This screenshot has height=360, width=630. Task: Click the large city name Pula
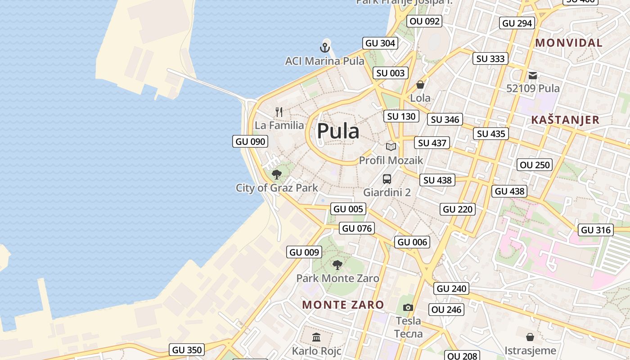(x=338, y=131)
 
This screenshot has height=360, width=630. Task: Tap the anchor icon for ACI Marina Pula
(x=325, y=47)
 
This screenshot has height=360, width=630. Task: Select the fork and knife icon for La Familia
(x=279, y=112)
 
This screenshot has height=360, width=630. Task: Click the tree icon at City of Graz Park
(x=277, y=174)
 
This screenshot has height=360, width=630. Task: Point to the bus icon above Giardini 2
(x=387, y=179)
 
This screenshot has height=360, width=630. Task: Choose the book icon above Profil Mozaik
(x=391, y=147)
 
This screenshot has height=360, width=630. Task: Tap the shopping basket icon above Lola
(x=420, y=84)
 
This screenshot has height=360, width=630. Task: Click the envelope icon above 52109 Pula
(x=533, y=75)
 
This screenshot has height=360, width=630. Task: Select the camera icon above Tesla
(x=408, y=307)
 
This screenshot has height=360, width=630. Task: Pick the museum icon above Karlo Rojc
(x=316, y=337)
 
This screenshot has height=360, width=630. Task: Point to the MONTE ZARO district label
(x=343, y=305)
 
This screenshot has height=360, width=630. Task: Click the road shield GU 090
(x=251, y=141)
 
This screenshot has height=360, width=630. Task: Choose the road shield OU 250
(x=535, y=165)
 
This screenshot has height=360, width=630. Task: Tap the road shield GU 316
(x=596, y=230)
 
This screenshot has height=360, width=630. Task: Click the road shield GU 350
(x=187, y=350)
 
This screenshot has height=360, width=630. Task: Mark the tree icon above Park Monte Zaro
(x=337, y=265)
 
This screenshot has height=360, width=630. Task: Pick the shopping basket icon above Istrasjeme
(x=530, y=337)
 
